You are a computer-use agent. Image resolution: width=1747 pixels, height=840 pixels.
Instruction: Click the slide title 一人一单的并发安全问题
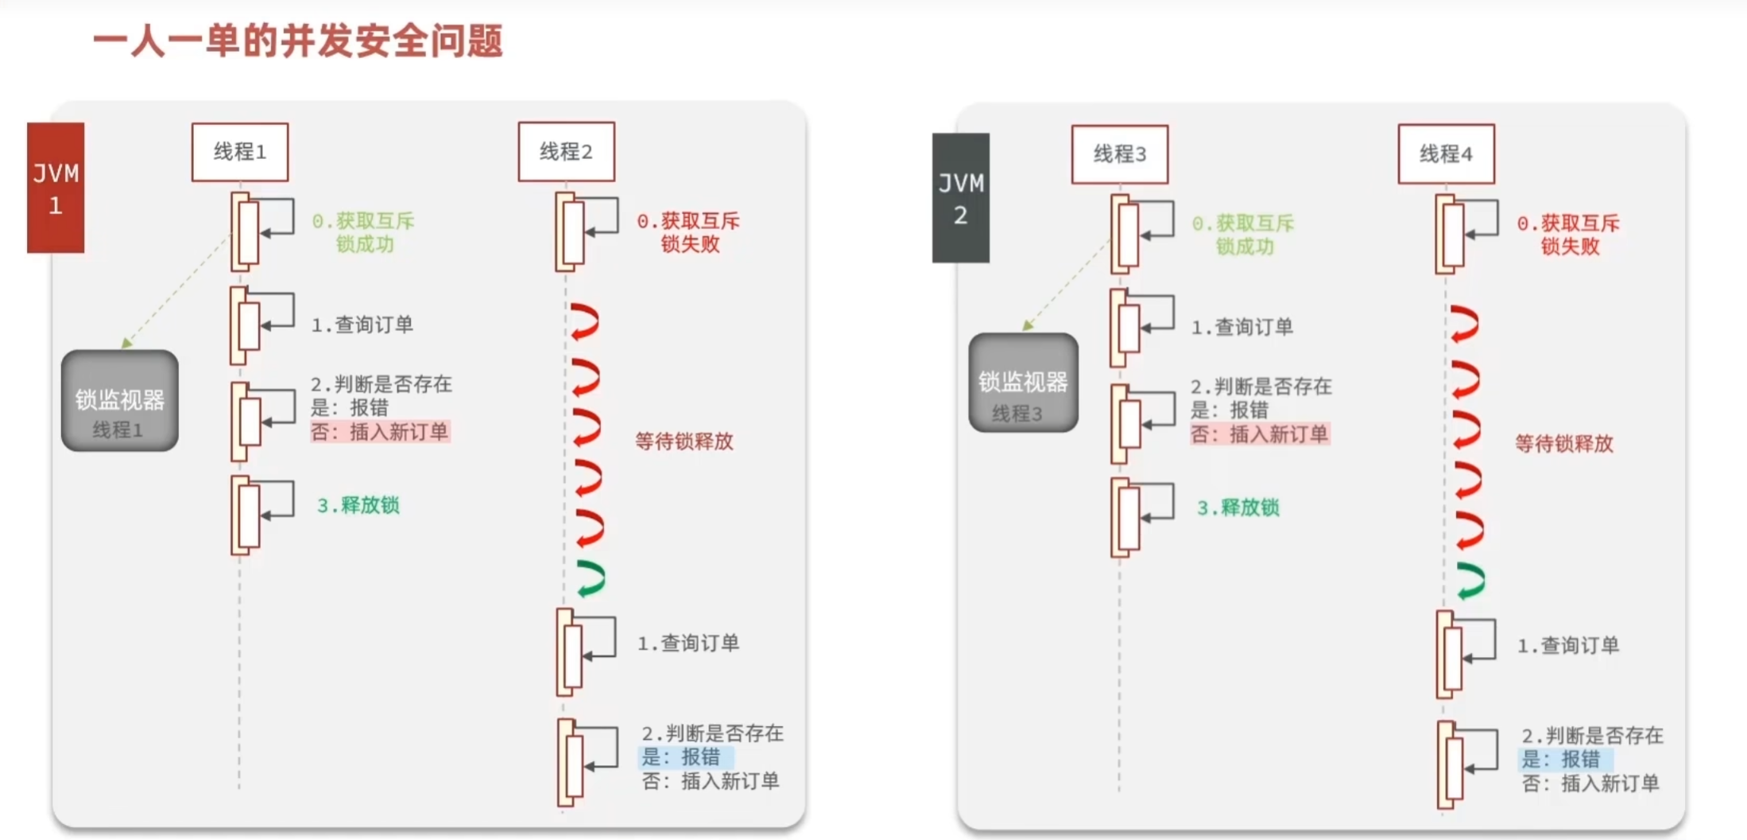coord(298,41)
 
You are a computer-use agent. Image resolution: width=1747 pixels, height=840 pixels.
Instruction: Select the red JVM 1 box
coord(56,188)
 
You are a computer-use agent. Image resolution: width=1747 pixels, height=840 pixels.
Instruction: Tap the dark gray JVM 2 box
coord(961,198)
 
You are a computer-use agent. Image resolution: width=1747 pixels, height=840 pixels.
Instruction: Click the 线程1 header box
coord(240,152)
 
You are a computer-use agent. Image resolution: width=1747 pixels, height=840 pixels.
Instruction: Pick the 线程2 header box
coord(566,152)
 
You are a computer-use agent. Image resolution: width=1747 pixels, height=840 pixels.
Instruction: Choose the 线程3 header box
coord(1120,154)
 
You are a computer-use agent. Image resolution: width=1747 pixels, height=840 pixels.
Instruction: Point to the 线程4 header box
coord(1446,154)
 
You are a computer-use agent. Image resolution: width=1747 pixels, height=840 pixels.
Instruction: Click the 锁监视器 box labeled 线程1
coord(120,401)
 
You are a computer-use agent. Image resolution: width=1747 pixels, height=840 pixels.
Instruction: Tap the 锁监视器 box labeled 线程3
coord(1023,383)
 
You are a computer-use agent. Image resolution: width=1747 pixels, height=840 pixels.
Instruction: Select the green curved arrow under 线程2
coord(591,578)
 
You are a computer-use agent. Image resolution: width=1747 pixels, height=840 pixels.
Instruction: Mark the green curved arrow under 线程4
coord(1470,581)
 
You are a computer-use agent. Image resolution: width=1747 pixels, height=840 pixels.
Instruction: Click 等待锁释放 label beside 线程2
coord(684,441)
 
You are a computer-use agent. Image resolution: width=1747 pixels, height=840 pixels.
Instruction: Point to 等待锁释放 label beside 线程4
coord(1563,444)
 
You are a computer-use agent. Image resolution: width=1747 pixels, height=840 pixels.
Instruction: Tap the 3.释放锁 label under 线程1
coord(358,506)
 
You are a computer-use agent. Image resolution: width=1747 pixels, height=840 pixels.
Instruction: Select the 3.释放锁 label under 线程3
coord(1238,508)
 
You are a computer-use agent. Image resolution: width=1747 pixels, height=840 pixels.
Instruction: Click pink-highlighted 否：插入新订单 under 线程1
coord(380,432)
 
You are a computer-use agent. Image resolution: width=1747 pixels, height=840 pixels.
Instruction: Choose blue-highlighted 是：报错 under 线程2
coord(684,756)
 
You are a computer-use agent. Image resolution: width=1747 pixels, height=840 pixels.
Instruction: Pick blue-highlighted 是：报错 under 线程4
coord(1564,759)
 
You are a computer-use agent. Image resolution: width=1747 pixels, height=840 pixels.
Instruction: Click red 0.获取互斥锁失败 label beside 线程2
coord(688,232)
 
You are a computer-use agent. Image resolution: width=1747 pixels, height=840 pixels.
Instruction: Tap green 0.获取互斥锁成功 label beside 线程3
coord(1243,235)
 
